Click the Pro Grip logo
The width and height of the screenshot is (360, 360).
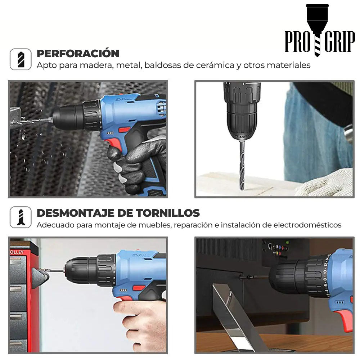[x=320, y=31]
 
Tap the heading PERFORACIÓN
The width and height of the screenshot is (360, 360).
[x=78, y=54]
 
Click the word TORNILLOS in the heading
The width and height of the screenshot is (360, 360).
[x=168, y=213]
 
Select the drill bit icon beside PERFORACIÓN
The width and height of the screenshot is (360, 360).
[x=21, y=59]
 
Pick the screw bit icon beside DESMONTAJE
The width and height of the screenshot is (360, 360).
[x=21, y=217]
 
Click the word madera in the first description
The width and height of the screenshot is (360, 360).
[x=96, y=65]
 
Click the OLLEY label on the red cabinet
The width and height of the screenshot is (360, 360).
[x=17, y=252]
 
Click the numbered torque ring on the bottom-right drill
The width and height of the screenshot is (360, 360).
[x=327, y=275]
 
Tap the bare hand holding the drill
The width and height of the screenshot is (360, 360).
[x=140, y=324]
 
